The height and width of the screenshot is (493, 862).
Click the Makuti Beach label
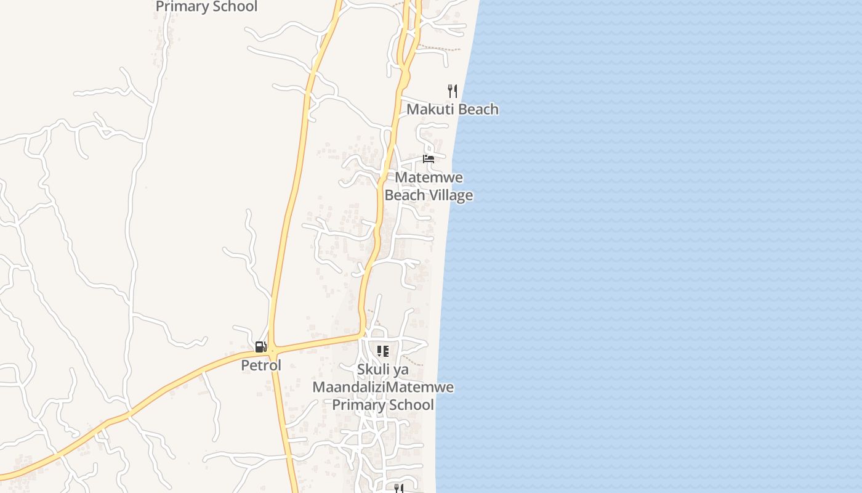click(x=453, y=110)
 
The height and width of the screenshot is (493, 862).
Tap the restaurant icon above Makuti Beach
click(x=453, y=91)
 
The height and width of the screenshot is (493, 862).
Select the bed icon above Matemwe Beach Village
click(x=429, y=158)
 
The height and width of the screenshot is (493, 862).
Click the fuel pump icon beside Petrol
click(x=261, y=347)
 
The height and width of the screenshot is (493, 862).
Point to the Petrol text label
click(x=261, y=365)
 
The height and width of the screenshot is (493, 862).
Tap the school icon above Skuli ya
click(x=382, y=351)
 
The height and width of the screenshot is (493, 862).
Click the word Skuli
click(x=373, y=370)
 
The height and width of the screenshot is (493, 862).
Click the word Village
click(x=451, y=195)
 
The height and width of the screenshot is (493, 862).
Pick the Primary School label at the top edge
click(x=206, y=7)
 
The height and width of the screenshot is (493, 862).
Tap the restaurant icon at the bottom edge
click(x=398, y=488)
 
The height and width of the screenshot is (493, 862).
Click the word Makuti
click(x=429, y=110)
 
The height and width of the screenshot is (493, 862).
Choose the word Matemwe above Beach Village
click(x=429, y=177)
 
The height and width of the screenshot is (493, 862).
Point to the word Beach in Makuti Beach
click(x=477, y=110)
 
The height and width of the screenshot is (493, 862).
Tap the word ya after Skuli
click(x=400, y=370)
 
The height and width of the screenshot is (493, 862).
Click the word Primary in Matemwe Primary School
click(x=358, y=405)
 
